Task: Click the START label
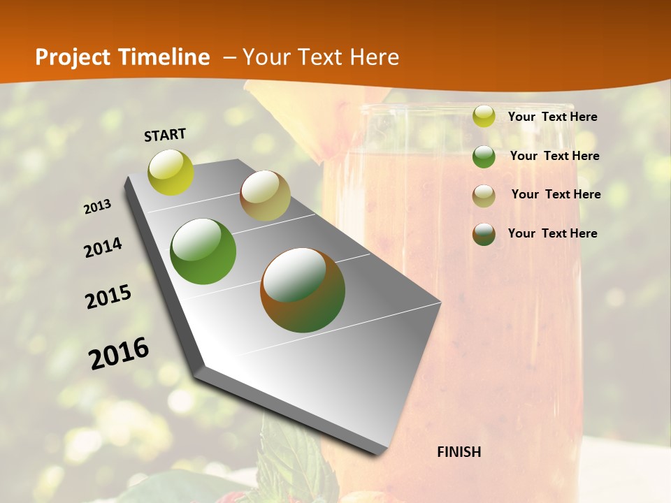(165, 135)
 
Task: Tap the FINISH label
(459, 452)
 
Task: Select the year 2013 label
(98, 207)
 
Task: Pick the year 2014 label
(103, 247)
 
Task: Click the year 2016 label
(119, 353)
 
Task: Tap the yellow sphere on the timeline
(171, 172)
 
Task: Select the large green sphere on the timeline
(203, 251)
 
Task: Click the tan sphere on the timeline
(265, 196)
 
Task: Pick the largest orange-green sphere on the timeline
(303, 290)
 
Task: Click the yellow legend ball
(484, 116)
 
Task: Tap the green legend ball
(484, 156)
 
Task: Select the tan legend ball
(484, 195)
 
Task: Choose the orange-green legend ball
(484, 233)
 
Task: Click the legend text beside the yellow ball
(552, 117)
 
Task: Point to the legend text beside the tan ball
(556, 194)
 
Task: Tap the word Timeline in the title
(165, 57)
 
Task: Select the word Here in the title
(374, 57)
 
